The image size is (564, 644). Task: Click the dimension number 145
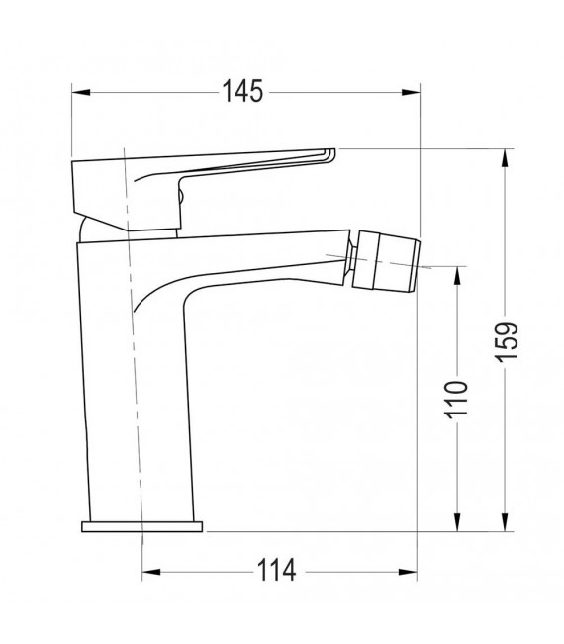pos(242,92)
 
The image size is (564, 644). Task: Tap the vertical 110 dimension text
pos(456,400)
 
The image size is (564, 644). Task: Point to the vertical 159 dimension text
pos(506,342)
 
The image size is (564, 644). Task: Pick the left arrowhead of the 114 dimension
pos(149,572)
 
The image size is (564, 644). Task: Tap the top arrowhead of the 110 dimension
pos(456,273)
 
